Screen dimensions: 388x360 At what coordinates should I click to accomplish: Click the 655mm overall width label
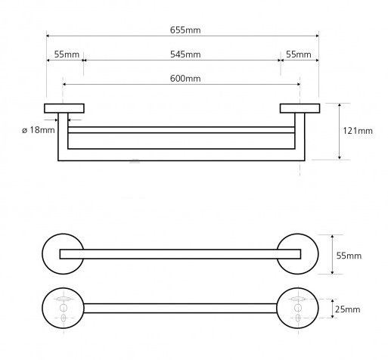click(x=185, y=30)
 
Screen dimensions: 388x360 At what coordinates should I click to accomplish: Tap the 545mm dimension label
click(x=185, y=54)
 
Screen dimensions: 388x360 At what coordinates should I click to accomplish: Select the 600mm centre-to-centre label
click(x=185, y=79)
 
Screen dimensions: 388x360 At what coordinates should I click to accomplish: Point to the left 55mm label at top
click(x=67, y=54)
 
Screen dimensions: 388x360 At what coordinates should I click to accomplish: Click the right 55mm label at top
click(x=299, y=54)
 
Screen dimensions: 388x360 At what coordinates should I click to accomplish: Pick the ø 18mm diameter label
click(x=39, y=130)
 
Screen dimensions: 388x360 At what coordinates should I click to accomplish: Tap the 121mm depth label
click(x=358, y=131)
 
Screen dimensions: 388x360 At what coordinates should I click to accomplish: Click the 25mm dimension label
click(x=347, y=309)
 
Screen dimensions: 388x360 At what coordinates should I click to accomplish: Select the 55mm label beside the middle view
click(x=349, y=256)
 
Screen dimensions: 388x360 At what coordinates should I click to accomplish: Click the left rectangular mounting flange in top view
click(x=64, y=108)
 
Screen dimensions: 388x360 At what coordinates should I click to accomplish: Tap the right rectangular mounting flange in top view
click(x=300, y=108)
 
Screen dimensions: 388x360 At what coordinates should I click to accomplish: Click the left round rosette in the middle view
click(x=51, y=254)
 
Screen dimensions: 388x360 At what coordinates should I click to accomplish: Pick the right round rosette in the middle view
click(x=309, y=254)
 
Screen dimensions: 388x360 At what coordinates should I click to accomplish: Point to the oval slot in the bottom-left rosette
click(x=63, y=299)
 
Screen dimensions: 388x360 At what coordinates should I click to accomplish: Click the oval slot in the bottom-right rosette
click(x=298, y=299)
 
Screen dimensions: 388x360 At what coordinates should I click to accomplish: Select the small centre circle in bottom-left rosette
click(x=64, y=308)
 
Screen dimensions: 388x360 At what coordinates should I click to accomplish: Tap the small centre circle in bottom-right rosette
click(x=298, y=308)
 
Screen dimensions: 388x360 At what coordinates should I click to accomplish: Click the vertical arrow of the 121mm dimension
click(x=340, y=132)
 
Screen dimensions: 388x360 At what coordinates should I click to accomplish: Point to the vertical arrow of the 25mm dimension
click(x=333, y=309)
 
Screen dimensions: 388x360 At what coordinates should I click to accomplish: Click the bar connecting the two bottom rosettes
click(x=180, y=309)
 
